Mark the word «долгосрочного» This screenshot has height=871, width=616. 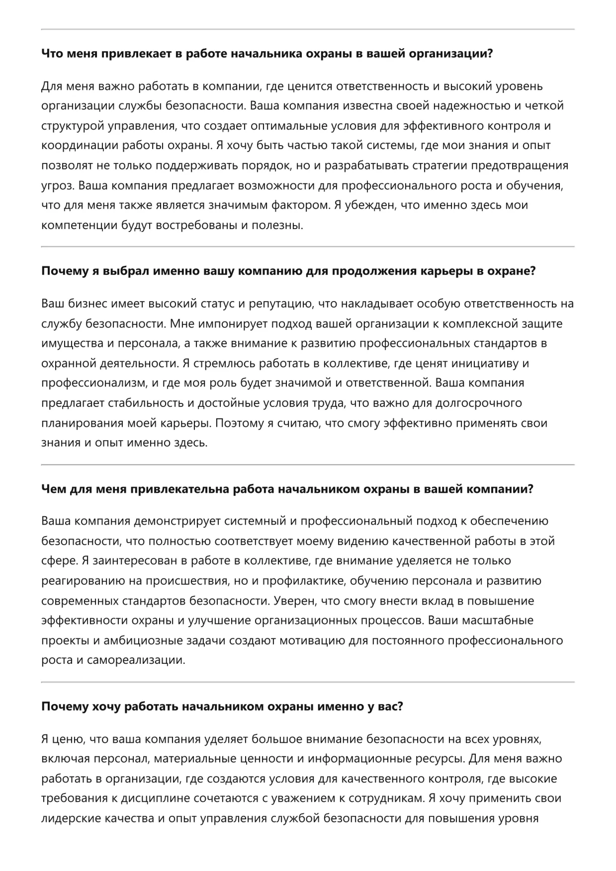pos(478,403)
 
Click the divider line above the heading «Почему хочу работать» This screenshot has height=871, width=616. pos(308,682)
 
